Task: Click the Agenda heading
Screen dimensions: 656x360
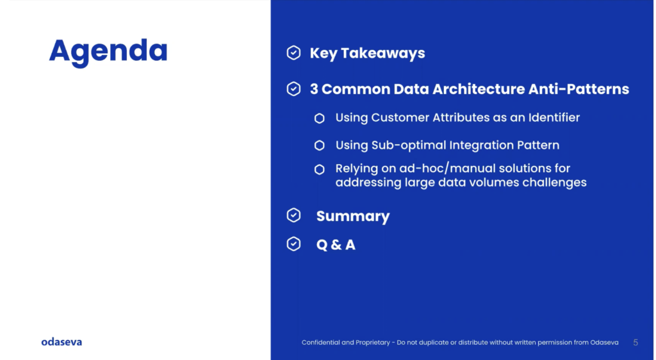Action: pos(108,52)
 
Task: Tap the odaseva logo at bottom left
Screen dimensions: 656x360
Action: pos(61,342)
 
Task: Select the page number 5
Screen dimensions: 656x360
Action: pos(635,343)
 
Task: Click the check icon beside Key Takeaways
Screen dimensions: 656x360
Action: pos(293,53)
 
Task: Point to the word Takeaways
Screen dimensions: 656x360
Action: pos(383,54)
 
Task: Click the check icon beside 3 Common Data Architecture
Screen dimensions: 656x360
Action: pos(293,88)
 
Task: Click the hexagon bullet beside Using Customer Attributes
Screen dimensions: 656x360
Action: pos(320,119)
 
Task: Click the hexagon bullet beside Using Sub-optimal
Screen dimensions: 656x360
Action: pos(320,145)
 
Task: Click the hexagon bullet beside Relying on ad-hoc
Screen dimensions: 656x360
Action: pos(320,169)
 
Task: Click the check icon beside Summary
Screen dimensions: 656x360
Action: pos(293,215)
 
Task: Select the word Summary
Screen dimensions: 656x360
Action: pos(353,216)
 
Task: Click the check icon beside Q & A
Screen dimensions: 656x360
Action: pos(293,244)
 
